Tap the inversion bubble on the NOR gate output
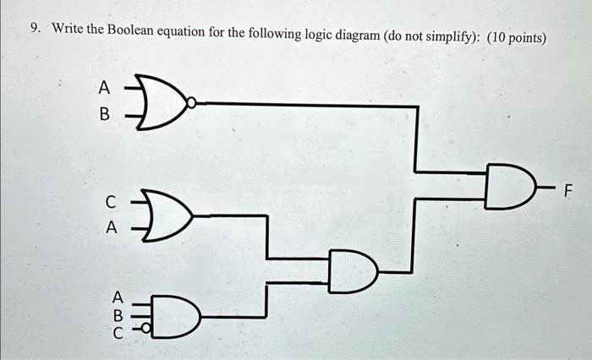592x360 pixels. pos(192,102)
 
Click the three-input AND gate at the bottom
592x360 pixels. pos(176,317)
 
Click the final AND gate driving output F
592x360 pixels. pos(511,187)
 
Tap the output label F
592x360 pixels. pos(567,191)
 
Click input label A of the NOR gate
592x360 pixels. pos(104,88)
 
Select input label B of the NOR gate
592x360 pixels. pos(104,114)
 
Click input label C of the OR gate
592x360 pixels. pos(110,202)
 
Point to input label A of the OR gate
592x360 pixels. pos(111,227)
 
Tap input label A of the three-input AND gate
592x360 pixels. pos(118,297)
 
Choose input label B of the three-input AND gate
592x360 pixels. pos(118,315)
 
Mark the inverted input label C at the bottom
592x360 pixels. pos(118,333)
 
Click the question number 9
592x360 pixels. pos(36,28)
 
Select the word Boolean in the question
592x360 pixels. pos(130,30)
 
